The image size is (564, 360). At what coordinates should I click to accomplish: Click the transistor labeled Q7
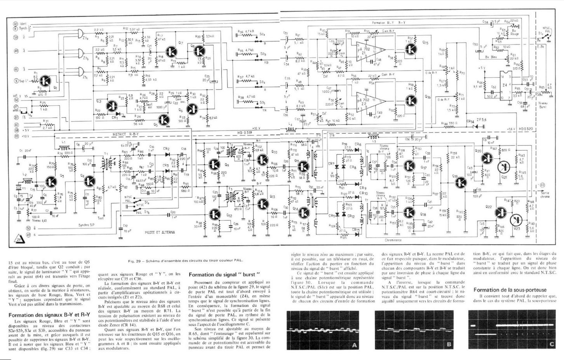[171, 51]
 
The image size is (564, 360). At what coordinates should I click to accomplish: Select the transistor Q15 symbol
[411, 49]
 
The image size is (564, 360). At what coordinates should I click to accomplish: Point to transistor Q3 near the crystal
[51, 182]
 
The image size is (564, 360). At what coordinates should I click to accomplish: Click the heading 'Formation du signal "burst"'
[224, 275]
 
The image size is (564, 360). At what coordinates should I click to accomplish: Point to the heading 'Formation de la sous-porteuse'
[510, 290]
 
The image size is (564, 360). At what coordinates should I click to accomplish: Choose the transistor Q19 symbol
[461, 182]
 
